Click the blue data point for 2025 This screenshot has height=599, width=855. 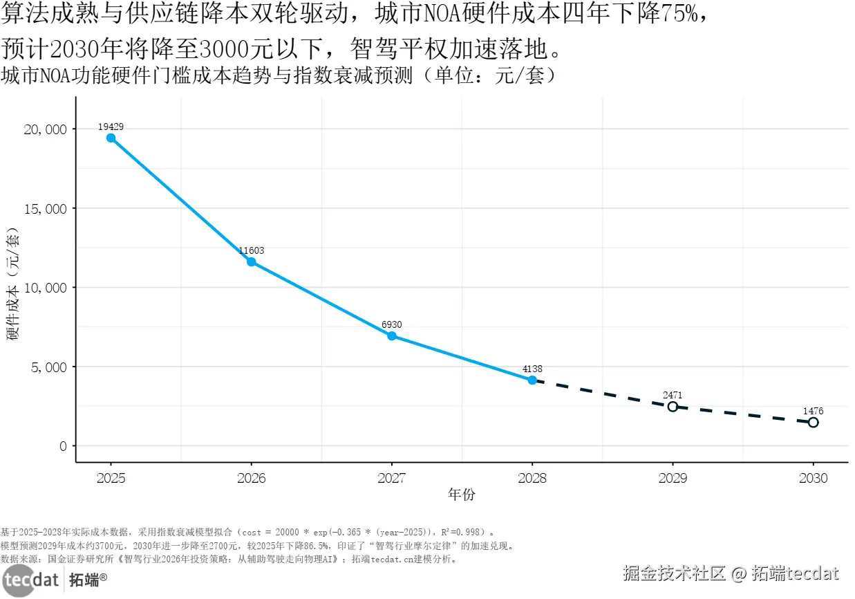click(x=111, y=138)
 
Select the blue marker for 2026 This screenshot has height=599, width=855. click(x=251, y=261)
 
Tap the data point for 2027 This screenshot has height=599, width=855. click(x=392, y=335)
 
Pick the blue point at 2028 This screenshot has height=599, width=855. click(x=532, y=380)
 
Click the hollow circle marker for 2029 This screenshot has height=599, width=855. click(x=673, y=406)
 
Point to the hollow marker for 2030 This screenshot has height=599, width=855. click(x=814, y=422)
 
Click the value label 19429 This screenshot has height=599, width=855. click(x=111, y=127)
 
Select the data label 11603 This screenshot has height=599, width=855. click(x=251, y=250)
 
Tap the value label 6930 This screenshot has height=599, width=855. click(x=392, y=324)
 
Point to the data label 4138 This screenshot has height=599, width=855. click(x=532, y=369)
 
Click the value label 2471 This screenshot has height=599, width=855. click(x=673, y=395)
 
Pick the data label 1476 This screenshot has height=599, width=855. click(x=814, y=411)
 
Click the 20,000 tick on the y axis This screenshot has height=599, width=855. click(x=47, y=129)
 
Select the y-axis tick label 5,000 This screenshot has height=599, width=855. click(x=50, y=367)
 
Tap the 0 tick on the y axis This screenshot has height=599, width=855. click(x=63, y=446)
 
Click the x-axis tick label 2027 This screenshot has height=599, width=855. click(x=392, y=478)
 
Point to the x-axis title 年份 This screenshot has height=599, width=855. click(x=462, y=495)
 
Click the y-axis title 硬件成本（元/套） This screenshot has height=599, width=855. click(x=13, y=287)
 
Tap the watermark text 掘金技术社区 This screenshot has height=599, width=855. click(x=674, y=573)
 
